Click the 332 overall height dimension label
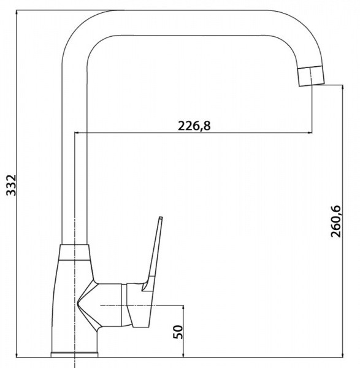[11, 185]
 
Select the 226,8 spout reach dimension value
[194, 126]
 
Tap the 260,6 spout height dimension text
[335, 221]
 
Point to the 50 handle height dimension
[178, 332]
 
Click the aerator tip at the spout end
[311, 76]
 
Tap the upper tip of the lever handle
[161, 218]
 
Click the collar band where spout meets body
[74, 252]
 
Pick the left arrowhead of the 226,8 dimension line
[77, 133]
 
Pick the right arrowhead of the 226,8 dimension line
[310, 133]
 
